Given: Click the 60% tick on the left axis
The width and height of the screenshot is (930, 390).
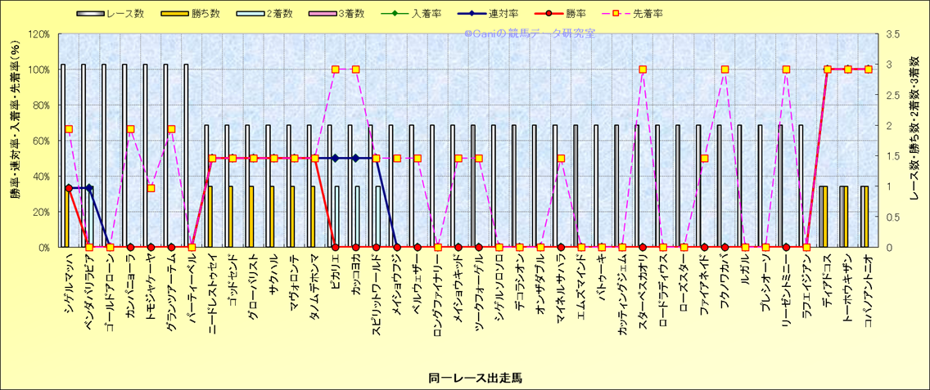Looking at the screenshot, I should coord(40,141).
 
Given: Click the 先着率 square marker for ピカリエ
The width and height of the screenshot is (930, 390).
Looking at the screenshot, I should coord(335,69).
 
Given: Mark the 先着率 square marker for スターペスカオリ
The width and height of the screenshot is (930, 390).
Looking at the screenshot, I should coord(643,69).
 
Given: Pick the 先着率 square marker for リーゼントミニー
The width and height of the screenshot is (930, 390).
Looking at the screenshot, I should coord(786,69).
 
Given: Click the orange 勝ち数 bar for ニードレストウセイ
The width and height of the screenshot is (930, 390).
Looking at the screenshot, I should coord(210,217).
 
